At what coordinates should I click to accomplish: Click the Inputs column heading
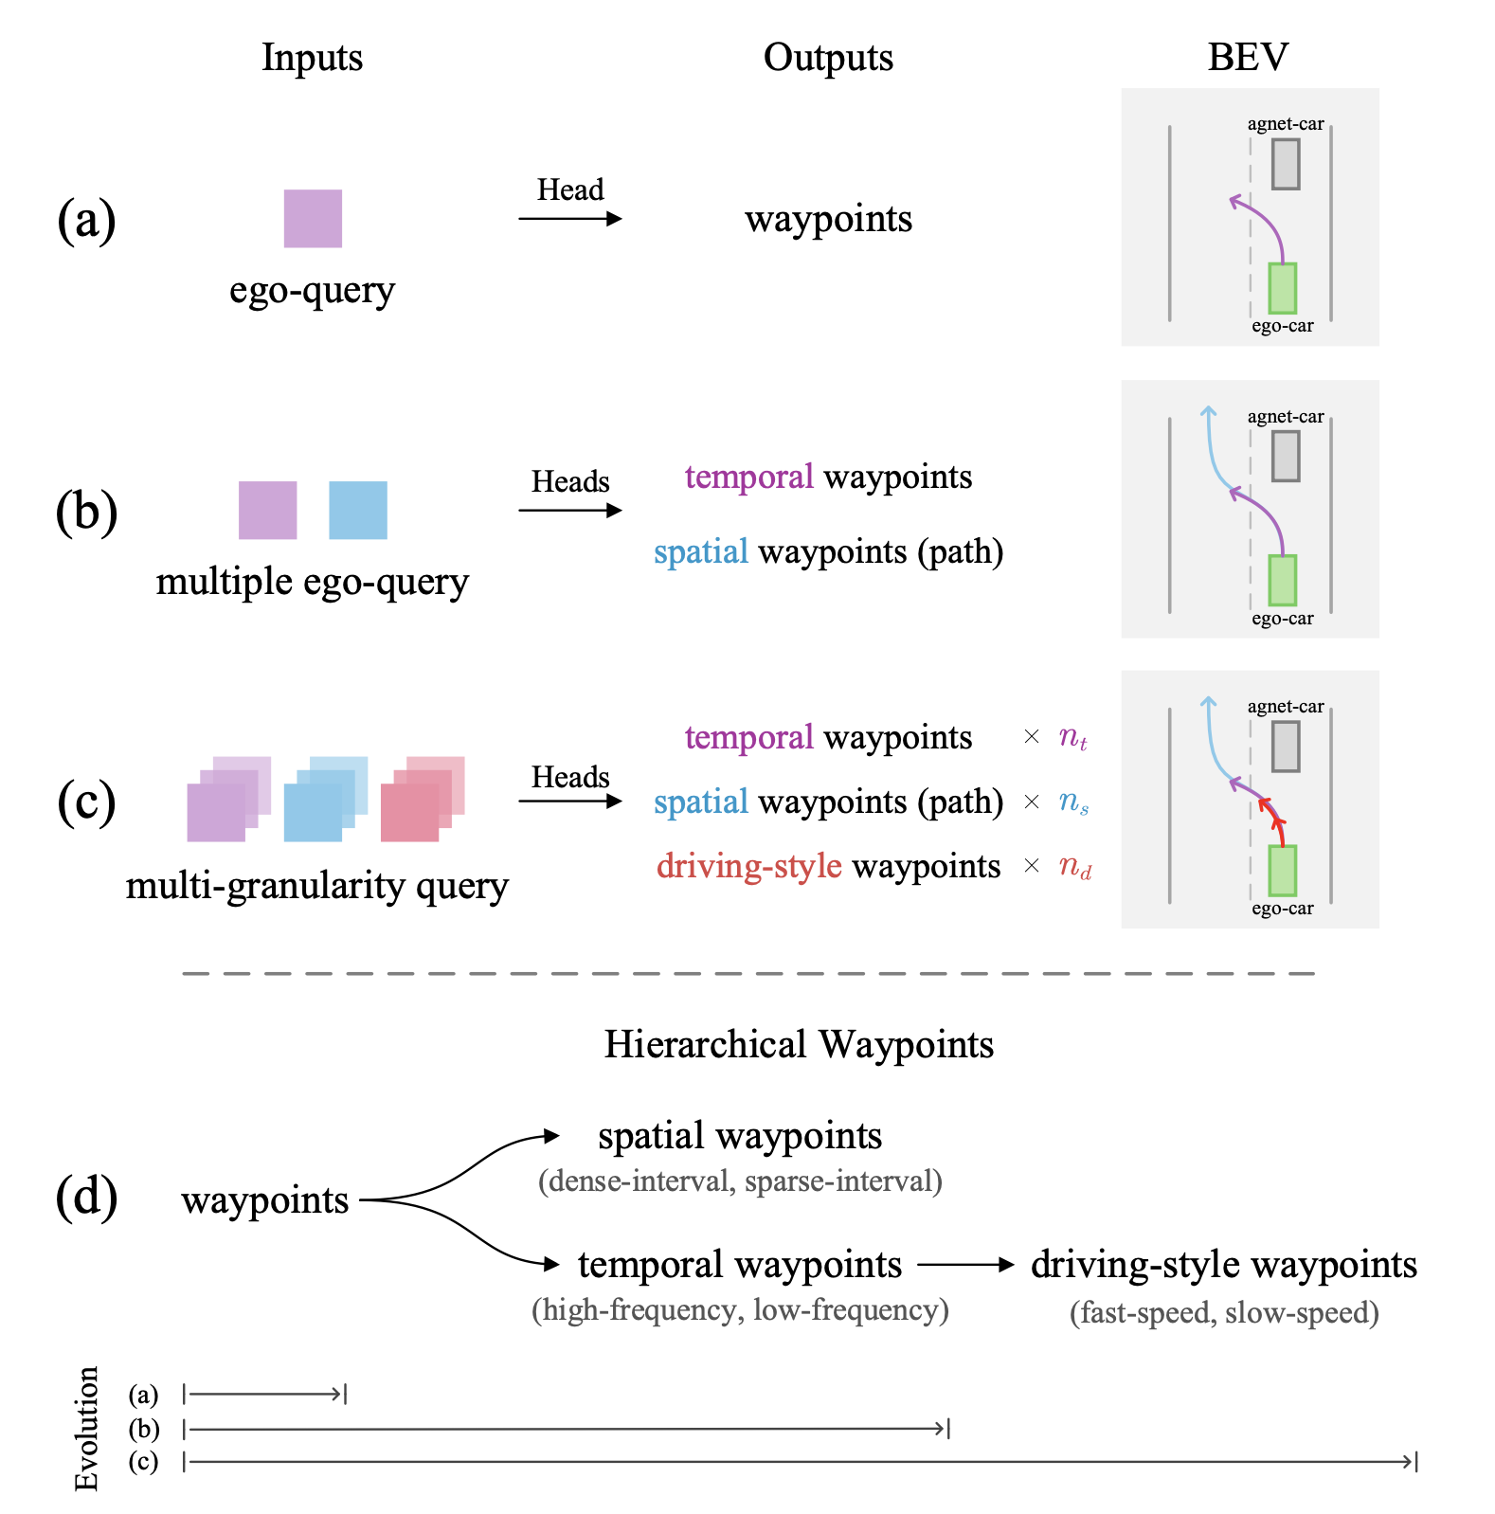312,58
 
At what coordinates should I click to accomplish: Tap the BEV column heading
1248,58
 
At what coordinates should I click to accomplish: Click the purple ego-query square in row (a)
313,219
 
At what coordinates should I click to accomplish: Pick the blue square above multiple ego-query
358,511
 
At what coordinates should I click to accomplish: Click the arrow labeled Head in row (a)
569,219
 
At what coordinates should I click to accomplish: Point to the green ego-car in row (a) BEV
1282,288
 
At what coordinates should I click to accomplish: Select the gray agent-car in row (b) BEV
1285,457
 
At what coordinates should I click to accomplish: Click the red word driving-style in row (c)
748,866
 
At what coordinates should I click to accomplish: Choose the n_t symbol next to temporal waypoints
1072,737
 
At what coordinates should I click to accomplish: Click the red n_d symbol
1074,866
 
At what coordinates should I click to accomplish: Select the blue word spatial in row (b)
701,551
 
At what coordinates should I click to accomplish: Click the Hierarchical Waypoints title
799,1044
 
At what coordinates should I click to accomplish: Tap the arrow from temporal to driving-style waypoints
965,1265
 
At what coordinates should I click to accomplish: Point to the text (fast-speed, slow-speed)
1224,1312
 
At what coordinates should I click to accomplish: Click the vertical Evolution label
86,1428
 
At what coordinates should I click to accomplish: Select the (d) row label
86,1197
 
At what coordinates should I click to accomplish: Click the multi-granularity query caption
317,886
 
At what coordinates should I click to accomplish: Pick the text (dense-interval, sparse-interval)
740,1181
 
